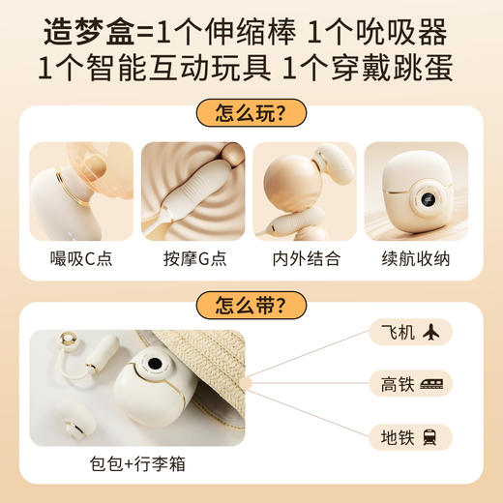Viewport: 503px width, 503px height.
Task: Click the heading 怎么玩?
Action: [251, 114]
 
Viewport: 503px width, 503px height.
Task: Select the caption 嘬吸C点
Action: [82, 260]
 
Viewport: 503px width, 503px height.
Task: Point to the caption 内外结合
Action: [306, 260]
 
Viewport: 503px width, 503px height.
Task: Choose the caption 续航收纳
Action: [417, 260]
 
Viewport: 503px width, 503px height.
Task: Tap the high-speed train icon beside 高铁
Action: [431, 385]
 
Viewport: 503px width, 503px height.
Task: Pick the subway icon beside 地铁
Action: [431, 436]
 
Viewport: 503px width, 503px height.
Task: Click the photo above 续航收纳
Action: [417, 191]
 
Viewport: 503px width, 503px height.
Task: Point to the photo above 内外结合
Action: [306, 191]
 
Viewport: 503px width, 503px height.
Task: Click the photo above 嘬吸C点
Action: [82, 191]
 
